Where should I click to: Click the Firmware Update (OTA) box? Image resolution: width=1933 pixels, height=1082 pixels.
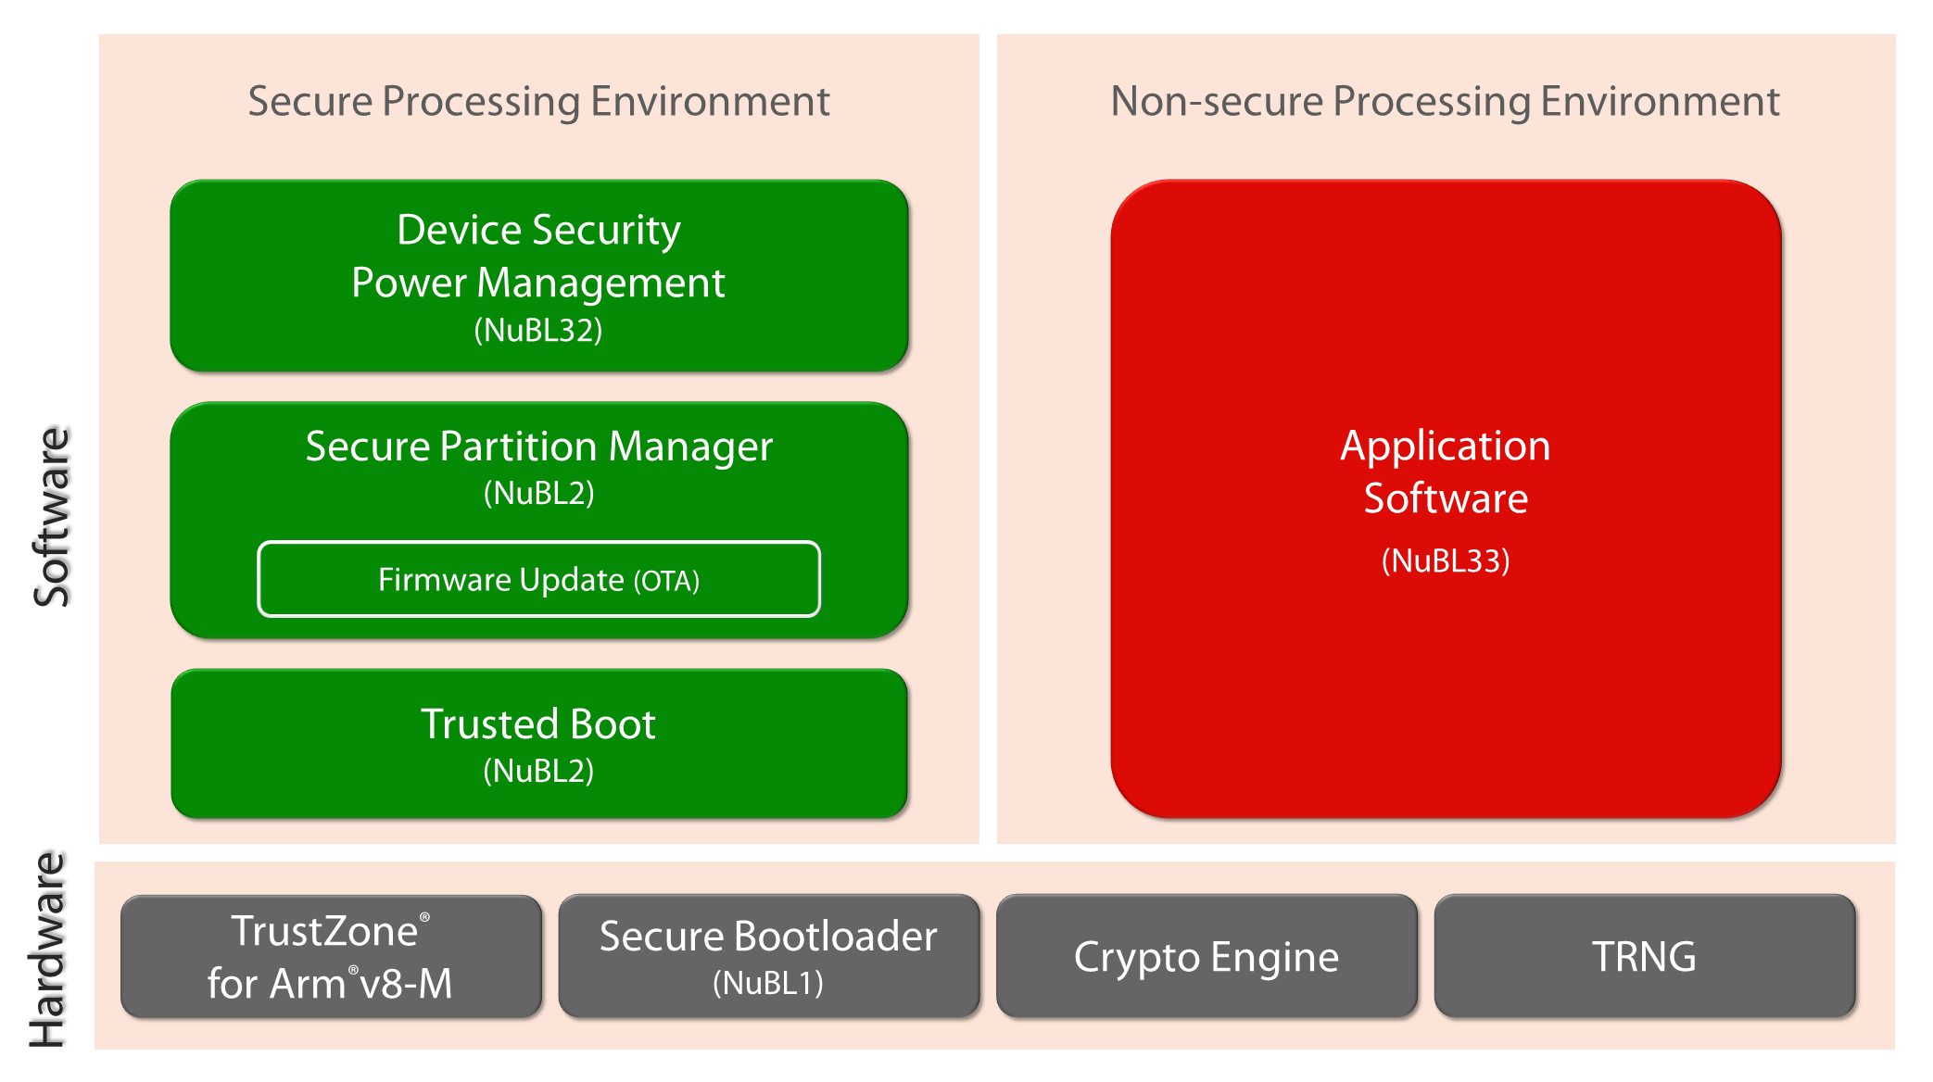(x=538, y=579)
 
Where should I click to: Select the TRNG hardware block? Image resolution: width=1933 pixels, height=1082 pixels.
(x=1645, y=956)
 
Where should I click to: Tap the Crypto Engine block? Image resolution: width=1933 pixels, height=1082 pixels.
(x=1207, y=956)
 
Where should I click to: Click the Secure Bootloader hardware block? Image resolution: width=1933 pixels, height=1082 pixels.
(x=769, y=956)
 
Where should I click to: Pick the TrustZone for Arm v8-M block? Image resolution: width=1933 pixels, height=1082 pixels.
(x=331, y=956)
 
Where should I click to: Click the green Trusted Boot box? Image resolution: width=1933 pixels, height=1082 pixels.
(x=538, y=744)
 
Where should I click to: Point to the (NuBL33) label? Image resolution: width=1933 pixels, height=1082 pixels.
(x=1446, y=560)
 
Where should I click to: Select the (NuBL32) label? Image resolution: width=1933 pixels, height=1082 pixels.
(x=538, y=330)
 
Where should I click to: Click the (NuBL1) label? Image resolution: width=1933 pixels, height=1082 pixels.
(x=768, y=983)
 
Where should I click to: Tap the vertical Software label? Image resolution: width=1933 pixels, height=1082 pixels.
(x=52, y=517)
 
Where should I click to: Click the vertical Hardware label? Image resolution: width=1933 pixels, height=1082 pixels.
(x=47, y=950)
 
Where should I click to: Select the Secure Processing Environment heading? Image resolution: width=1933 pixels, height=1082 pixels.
(x=538, y=101)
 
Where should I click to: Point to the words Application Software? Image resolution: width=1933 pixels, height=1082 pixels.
(x=1446, y=472)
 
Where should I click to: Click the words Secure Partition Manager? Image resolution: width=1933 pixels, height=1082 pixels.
(x=538, y=447)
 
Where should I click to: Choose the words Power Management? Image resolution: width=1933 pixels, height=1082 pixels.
(x=538, y=283)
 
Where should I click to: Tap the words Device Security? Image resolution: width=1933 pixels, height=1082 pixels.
(x=538, y=231)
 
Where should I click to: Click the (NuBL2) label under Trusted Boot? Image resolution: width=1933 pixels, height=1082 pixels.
(x=538, y=771)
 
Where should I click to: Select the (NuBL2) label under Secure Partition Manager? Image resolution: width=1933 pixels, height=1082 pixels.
(x=538, y=493)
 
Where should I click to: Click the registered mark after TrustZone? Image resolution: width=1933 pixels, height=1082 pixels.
(x=424, y=917)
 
